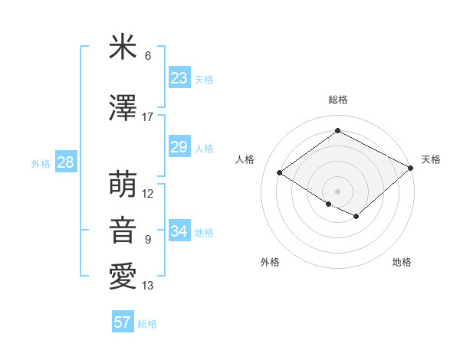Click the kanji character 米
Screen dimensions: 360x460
(123, 48)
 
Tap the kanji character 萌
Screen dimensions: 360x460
(123, 185)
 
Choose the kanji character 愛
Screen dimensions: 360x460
(123, 276)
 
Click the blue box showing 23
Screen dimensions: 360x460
(179, 78)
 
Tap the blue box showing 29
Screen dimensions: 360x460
(179, 147)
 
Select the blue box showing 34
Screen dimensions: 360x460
(179, 231)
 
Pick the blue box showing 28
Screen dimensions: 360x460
(65, 162)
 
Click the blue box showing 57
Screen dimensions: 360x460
(123, 322)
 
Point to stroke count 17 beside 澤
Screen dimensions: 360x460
(147, 117)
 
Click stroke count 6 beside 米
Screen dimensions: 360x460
(148, 56)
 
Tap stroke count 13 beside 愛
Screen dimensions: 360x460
(148, 286)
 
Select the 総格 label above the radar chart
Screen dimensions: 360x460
(337, 100)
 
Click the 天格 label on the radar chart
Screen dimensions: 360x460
(431, 159)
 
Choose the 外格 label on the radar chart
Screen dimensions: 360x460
(270, 262)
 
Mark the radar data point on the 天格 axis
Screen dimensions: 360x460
(411, 168)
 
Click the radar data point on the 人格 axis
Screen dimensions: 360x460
(280, 173)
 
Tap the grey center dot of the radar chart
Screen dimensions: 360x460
(337, 191)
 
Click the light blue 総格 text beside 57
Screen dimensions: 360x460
(148, 324)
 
